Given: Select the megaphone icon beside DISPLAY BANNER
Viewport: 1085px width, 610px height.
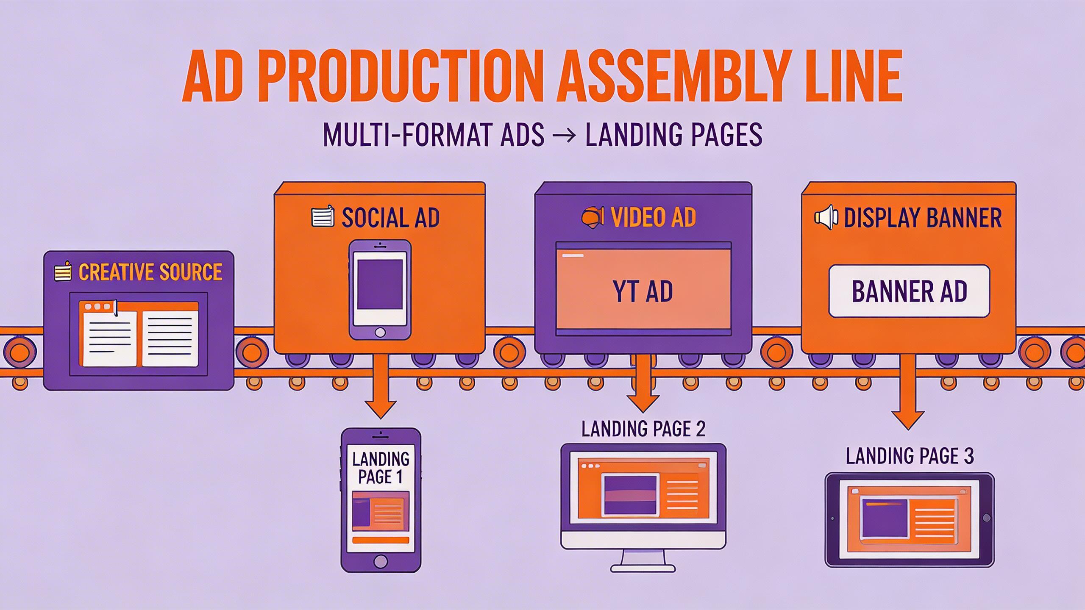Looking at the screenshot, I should click(826, 218).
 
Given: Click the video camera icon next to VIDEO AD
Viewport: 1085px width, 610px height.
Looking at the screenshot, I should click(592, 218).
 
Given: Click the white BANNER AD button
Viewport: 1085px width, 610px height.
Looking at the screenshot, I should click(909, 291).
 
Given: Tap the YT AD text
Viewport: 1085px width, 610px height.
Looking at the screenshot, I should click(643, 291).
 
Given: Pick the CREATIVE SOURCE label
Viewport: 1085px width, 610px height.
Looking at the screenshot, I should click(150, 272).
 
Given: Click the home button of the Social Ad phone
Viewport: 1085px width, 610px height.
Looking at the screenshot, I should click(380, 332).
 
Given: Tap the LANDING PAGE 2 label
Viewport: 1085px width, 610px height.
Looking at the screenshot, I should click(643, 429).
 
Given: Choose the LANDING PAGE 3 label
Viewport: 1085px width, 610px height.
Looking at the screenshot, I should click(910, 456).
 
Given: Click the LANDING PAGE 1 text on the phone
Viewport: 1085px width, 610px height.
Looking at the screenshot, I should click(381, 468).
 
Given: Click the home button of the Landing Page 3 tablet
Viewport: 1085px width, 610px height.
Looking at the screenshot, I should click(986, 518).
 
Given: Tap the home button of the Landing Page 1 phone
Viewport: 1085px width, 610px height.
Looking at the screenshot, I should click(381, 562).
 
